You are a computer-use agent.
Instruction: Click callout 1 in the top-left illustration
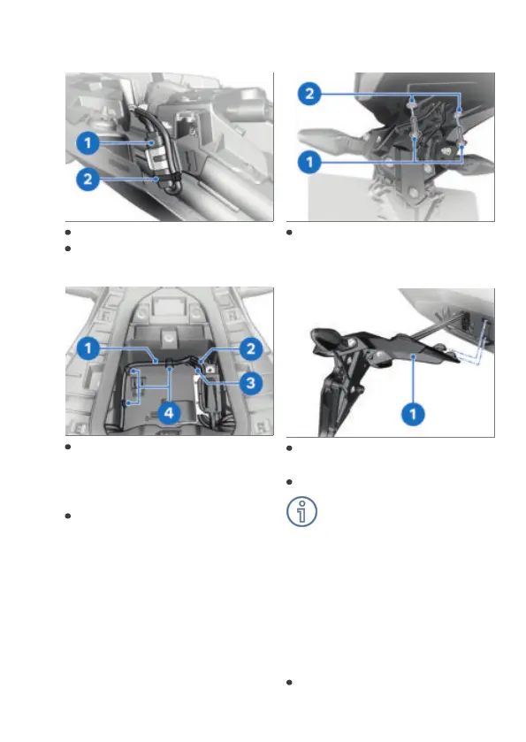(88, 143)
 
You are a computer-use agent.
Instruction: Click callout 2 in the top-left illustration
(88, 180)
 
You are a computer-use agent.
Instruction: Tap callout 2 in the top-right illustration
(309, 93)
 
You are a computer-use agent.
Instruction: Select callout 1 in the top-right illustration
(309, 163)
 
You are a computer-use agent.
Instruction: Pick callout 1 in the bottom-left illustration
(88, 348)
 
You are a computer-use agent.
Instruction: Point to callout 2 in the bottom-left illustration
(251, 348)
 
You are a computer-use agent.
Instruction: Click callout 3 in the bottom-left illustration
(251, 383)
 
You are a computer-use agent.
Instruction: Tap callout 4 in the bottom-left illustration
(169, 413)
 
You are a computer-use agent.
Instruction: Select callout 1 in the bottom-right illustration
(413, 414)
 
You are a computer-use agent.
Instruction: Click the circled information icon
(301, 511)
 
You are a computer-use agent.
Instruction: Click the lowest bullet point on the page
(289, 683)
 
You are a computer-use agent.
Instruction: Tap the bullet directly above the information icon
(289, 482)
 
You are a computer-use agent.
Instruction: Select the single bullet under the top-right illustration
(289, 233)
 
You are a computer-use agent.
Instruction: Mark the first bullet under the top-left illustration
(68, 233)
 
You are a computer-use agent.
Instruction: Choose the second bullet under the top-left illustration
(68, 249)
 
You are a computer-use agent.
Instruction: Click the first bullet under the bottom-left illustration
(68, 447)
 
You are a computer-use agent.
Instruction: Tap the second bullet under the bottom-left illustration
(68, 516)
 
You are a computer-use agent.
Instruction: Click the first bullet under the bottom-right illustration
(289, 448)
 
